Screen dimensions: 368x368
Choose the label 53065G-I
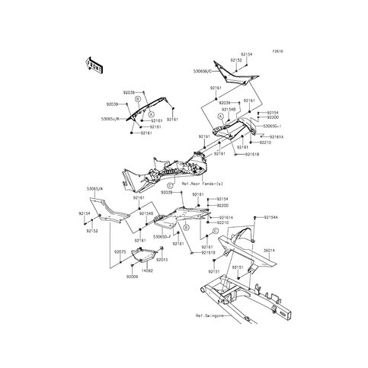tap(273, 125)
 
